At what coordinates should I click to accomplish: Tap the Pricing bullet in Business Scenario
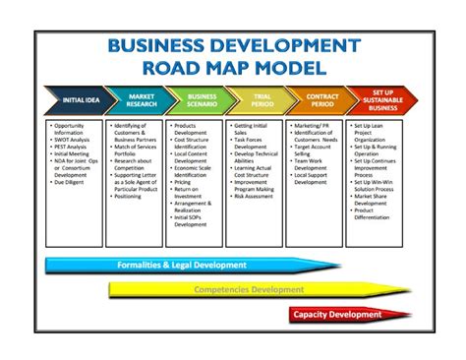[183, 182]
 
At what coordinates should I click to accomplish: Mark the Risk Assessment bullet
[256, 196]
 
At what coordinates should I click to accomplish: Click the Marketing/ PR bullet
[312, 126]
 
